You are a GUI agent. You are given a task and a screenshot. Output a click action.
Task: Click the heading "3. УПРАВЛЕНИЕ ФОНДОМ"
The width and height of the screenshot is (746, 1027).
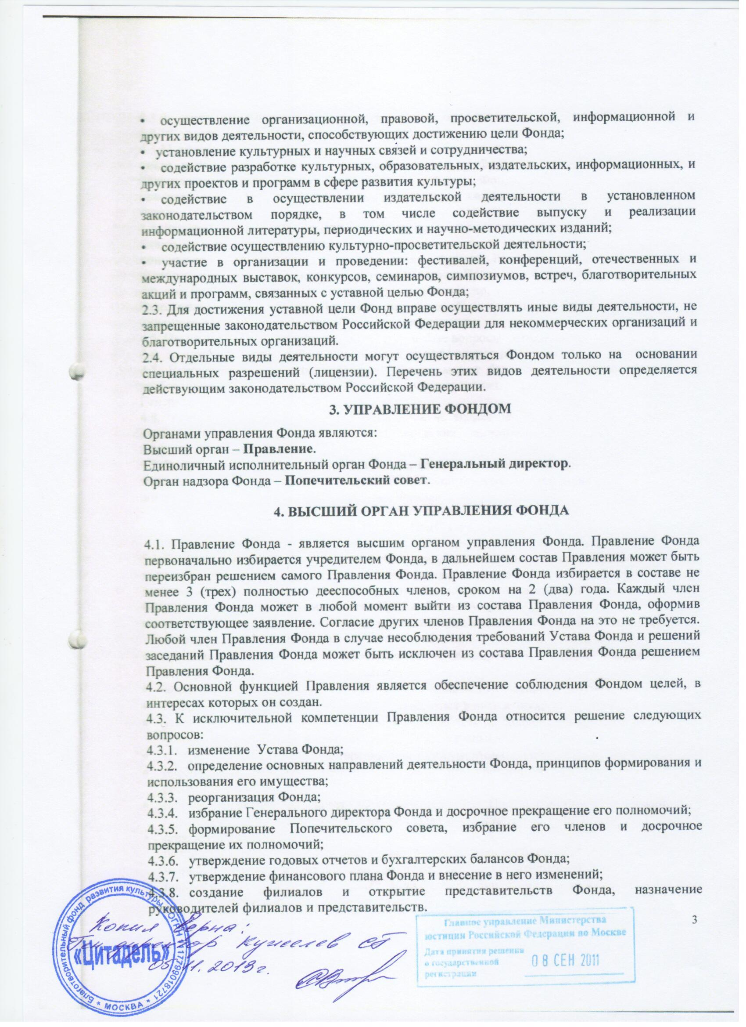(419, 409)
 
